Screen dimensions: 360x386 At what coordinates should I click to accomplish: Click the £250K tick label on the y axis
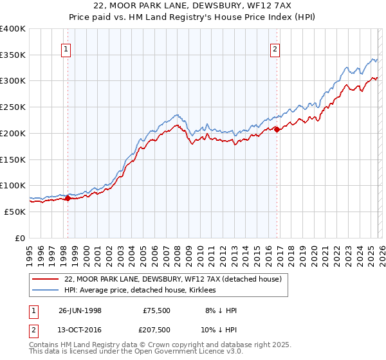(12, 107)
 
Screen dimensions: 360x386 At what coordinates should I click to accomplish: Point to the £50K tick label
(15, 212)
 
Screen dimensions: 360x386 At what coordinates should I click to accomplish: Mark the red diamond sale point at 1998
(68, 198)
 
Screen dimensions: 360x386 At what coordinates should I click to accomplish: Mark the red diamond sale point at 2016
(277, 129)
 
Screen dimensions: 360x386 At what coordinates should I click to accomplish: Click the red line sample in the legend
(46, 280)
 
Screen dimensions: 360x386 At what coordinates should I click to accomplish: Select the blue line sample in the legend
(46, 291)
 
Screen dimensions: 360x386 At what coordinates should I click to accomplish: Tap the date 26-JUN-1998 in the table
(80, 310)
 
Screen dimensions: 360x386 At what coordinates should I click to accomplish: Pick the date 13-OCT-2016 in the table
(80, 329)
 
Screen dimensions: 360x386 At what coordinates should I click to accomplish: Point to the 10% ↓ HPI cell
(219, 329)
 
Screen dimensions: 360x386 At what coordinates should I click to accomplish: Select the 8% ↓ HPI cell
(219, 310)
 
